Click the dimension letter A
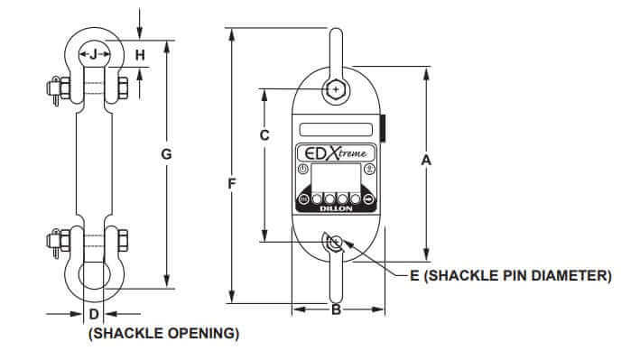coord(427,161)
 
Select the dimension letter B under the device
coord(336,311)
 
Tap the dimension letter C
coord(264,137)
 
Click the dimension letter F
coord(233,184)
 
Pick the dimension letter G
coord(166,154)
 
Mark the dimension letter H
coord(140,55)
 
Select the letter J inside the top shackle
coord(93,55)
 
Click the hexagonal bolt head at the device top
coord(336,90)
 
